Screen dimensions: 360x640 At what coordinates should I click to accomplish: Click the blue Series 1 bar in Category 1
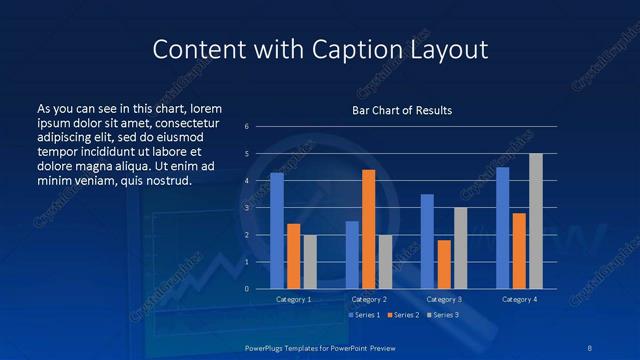coord(277,231)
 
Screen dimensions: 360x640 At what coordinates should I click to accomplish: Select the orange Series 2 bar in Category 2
coord(368,229)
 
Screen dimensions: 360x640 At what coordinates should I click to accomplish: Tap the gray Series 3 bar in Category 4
coord(535,221)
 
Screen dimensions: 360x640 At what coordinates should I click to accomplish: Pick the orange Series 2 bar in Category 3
coord(444,264)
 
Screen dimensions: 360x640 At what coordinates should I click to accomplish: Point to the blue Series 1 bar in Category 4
coord(502,228)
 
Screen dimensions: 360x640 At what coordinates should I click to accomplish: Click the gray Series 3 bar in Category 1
coord(310,262)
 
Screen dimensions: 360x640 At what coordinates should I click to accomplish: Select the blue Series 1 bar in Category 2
coord(352,255)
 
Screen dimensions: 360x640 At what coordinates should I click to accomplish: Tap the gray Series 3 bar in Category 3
coord(460,248)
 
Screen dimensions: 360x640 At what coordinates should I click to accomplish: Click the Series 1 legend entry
coord(362,314)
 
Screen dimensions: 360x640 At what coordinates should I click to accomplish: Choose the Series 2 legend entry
coord(402,314)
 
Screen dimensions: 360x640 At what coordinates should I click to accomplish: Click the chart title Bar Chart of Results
coord(402,110)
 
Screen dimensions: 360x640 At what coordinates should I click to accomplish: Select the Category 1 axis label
coord(293,299)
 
